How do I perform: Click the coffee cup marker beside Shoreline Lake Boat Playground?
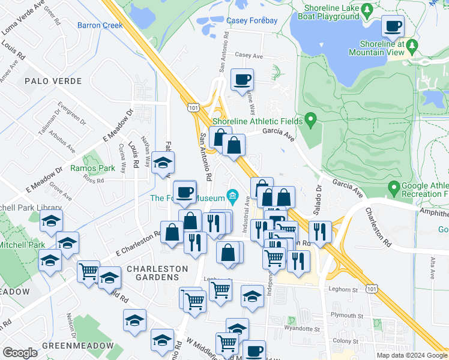393,26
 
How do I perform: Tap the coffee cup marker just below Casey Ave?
242,80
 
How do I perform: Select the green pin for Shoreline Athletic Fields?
310,120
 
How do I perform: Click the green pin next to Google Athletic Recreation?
394,188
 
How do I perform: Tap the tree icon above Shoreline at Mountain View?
411,45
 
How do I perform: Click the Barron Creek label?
100,25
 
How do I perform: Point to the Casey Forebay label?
252,20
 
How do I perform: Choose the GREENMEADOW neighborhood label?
77,346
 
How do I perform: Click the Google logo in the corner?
20,352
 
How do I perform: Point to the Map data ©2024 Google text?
411,355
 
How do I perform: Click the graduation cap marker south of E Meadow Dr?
163,163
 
